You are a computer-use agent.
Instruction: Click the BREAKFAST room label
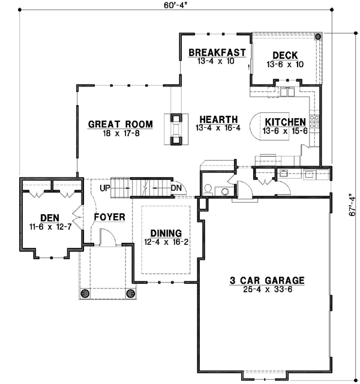(x=217, y=53)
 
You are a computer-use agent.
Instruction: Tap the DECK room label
(x=285, y=56)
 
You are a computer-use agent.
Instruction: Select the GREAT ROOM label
(x=120, y=124)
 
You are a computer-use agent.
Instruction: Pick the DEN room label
(x=49, y=217)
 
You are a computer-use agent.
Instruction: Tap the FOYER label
(x=109, y=217)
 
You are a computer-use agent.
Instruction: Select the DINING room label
(x=166, y=233)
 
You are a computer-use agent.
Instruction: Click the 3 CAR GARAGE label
(x=268, y=280)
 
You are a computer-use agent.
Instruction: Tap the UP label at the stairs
(x=105, y=188)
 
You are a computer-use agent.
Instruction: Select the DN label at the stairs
(x=176, y=188)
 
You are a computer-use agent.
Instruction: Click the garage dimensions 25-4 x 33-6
(x=268, y=289)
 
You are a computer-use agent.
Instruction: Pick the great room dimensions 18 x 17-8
(x=120, y=133)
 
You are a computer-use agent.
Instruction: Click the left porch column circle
(x=85, y=293)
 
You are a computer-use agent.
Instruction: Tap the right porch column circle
(x=130, y=293)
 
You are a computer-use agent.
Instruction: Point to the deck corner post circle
(x=317, y=37)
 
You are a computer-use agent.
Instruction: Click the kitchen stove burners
(x=313, y=122)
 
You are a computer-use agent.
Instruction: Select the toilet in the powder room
(x=208, y=189)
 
